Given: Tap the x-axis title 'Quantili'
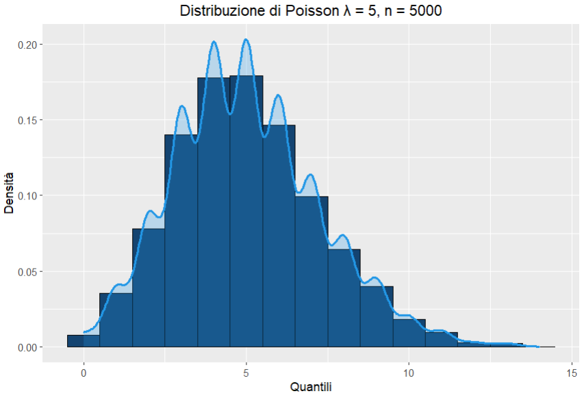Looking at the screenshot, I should tap(311, 387).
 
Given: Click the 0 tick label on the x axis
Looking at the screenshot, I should tap(84, 373).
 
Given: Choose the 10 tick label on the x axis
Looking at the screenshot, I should tap(409, 373).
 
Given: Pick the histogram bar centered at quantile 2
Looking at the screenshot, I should tap(149, 288).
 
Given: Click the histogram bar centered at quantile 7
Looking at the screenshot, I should tap(312, 274).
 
